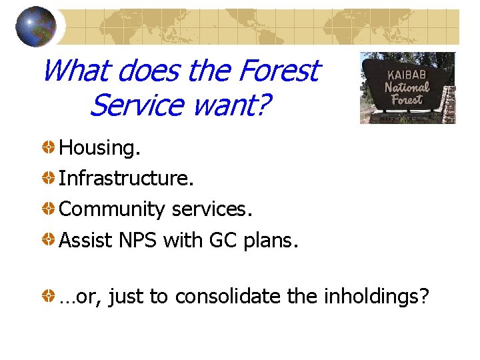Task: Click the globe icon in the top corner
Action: [36, 27]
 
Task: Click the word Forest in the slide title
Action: [278, 70]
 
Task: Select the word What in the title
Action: [73, 70]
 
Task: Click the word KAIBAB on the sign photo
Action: [407, 72]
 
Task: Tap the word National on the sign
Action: [407, 87]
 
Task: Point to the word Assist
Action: [85, 240]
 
